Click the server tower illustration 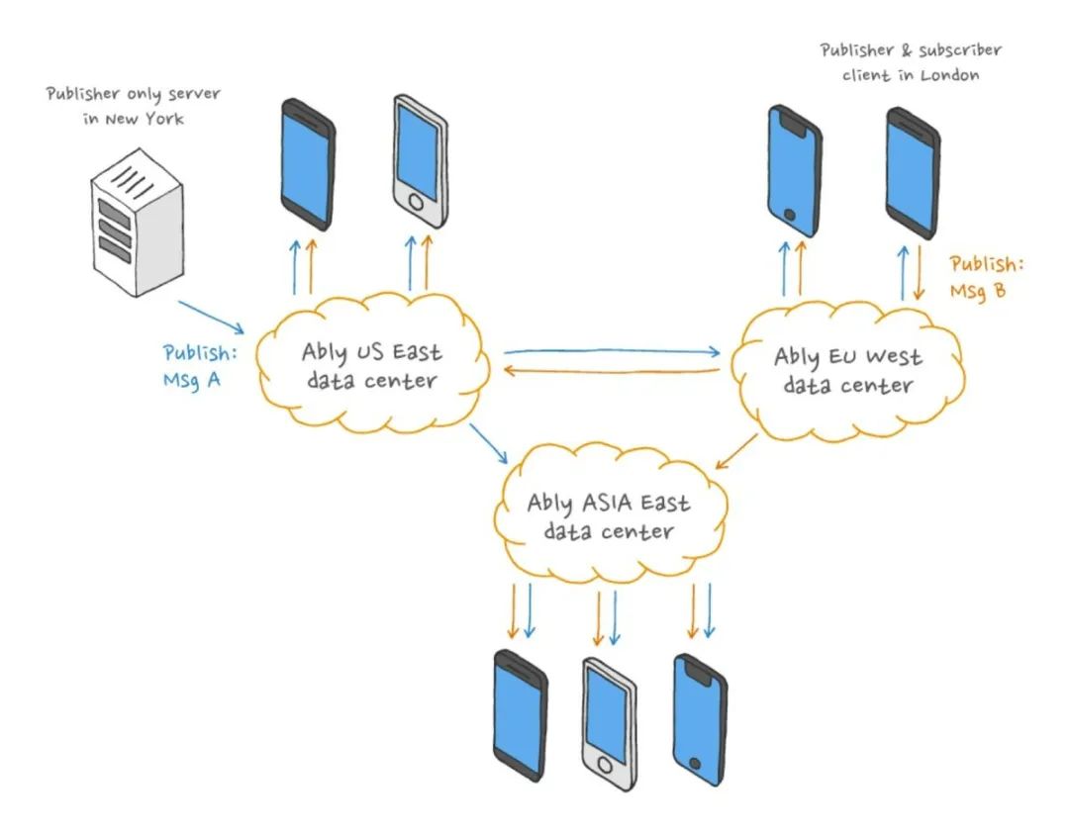(x=137, y=223)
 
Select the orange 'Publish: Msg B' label (x=987, y=277)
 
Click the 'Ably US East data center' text (x=371, y=366)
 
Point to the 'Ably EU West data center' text (x=847, y=370)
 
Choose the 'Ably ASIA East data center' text (x=608, y=516)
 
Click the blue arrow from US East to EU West (x=612, y=351)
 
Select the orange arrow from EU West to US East (x=612, y=371)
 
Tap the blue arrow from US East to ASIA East (x=488, y=443)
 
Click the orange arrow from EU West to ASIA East (x=736, y=452)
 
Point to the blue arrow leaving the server (x=212, y=317)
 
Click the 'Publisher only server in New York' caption (x=134, y=106)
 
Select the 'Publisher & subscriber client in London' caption (x=911, y=62)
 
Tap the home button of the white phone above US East (x=415, y=203)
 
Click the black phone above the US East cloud (x=308, y=164)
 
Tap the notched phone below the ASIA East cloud (x=700, y=720)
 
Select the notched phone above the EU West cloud (x=794, y=171)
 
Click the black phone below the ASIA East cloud (x=521, y=715)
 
